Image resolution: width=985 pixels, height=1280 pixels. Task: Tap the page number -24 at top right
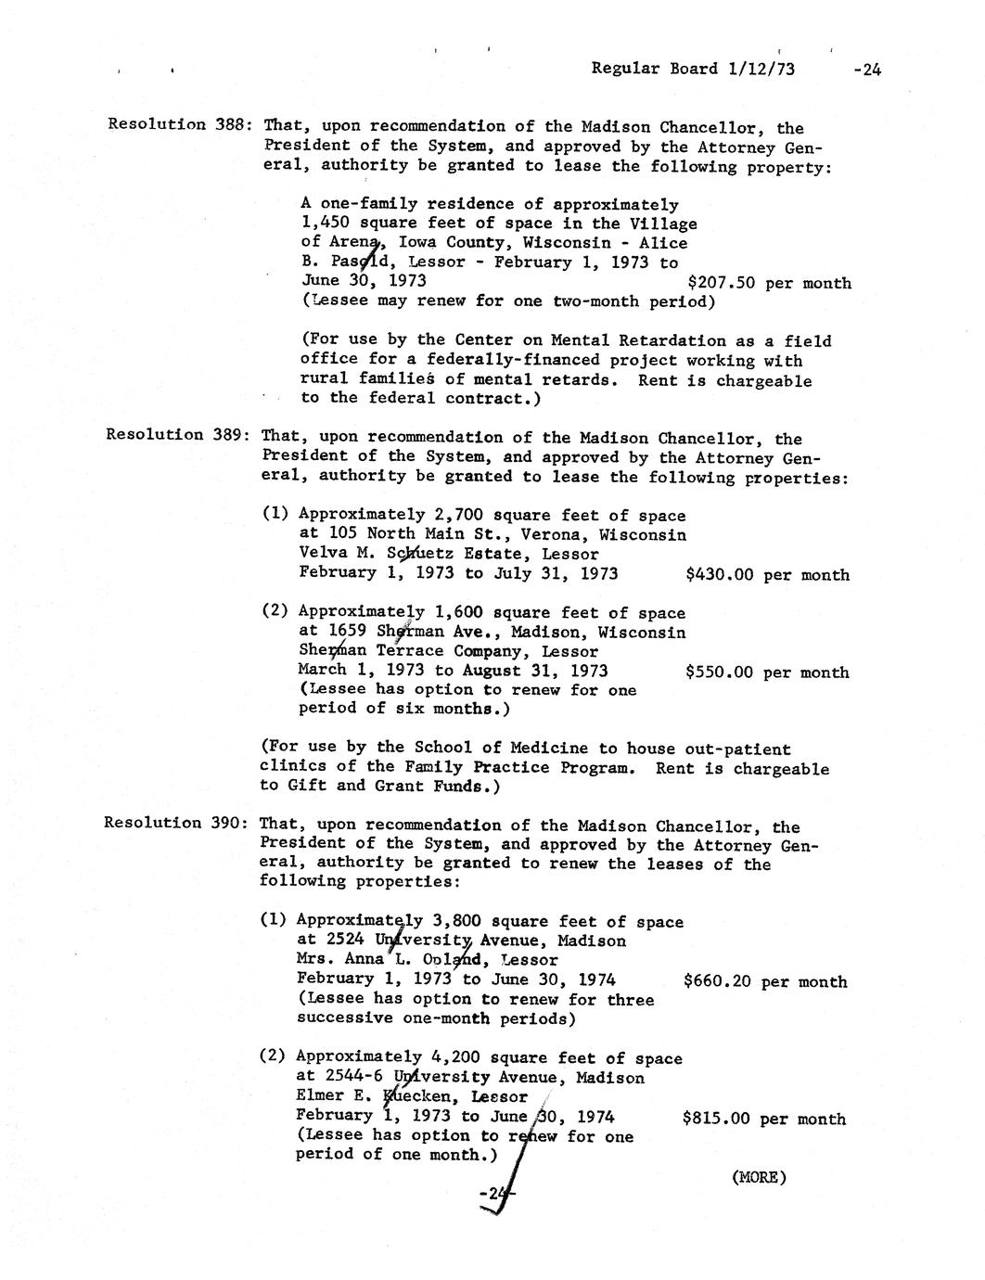point(865,68)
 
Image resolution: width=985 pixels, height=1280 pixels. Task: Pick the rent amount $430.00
point(719,575)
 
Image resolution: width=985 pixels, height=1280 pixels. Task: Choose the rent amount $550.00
point(719,672)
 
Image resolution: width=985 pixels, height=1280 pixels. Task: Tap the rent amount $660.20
point(717,981)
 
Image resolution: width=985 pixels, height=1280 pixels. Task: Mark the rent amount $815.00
point(716,1119)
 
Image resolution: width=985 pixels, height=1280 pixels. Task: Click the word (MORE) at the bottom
point(759,1178)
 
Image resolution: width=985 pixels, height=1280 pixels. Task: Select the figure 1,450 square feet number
point(326,224)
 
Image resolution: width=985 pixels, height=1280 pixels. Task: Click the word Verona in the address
point(554,535)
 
